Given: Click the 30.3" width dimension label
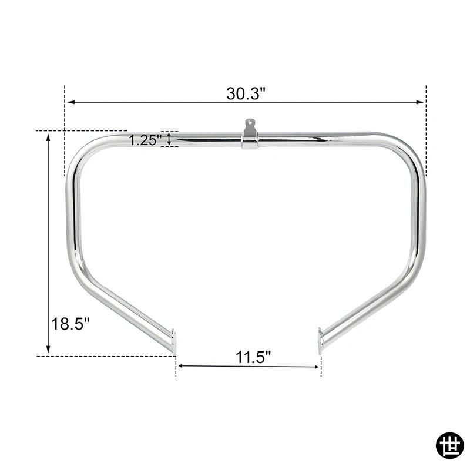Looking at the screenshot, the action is [x=246, y=93].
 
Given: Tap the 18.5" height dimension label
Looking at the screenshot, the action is [x=70, y=324].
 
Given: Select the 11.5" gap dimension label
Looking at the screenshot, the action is [x=253, y=357].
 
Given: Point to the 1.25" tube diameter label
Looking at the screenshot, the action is [x=145, y=140].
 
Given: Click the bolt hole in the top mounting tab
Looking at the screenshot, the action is [x=249, y=122].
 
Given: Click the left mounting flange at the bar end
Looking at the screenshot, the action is [x=173, y=341].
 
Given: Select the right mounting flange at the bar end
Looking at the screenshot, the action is [x=321, y=341].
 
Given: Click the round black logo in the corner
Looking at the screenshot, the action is [x=449, y=446].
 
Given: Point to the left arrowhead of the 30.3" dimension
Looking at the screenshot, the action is [x=71, y=102].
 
